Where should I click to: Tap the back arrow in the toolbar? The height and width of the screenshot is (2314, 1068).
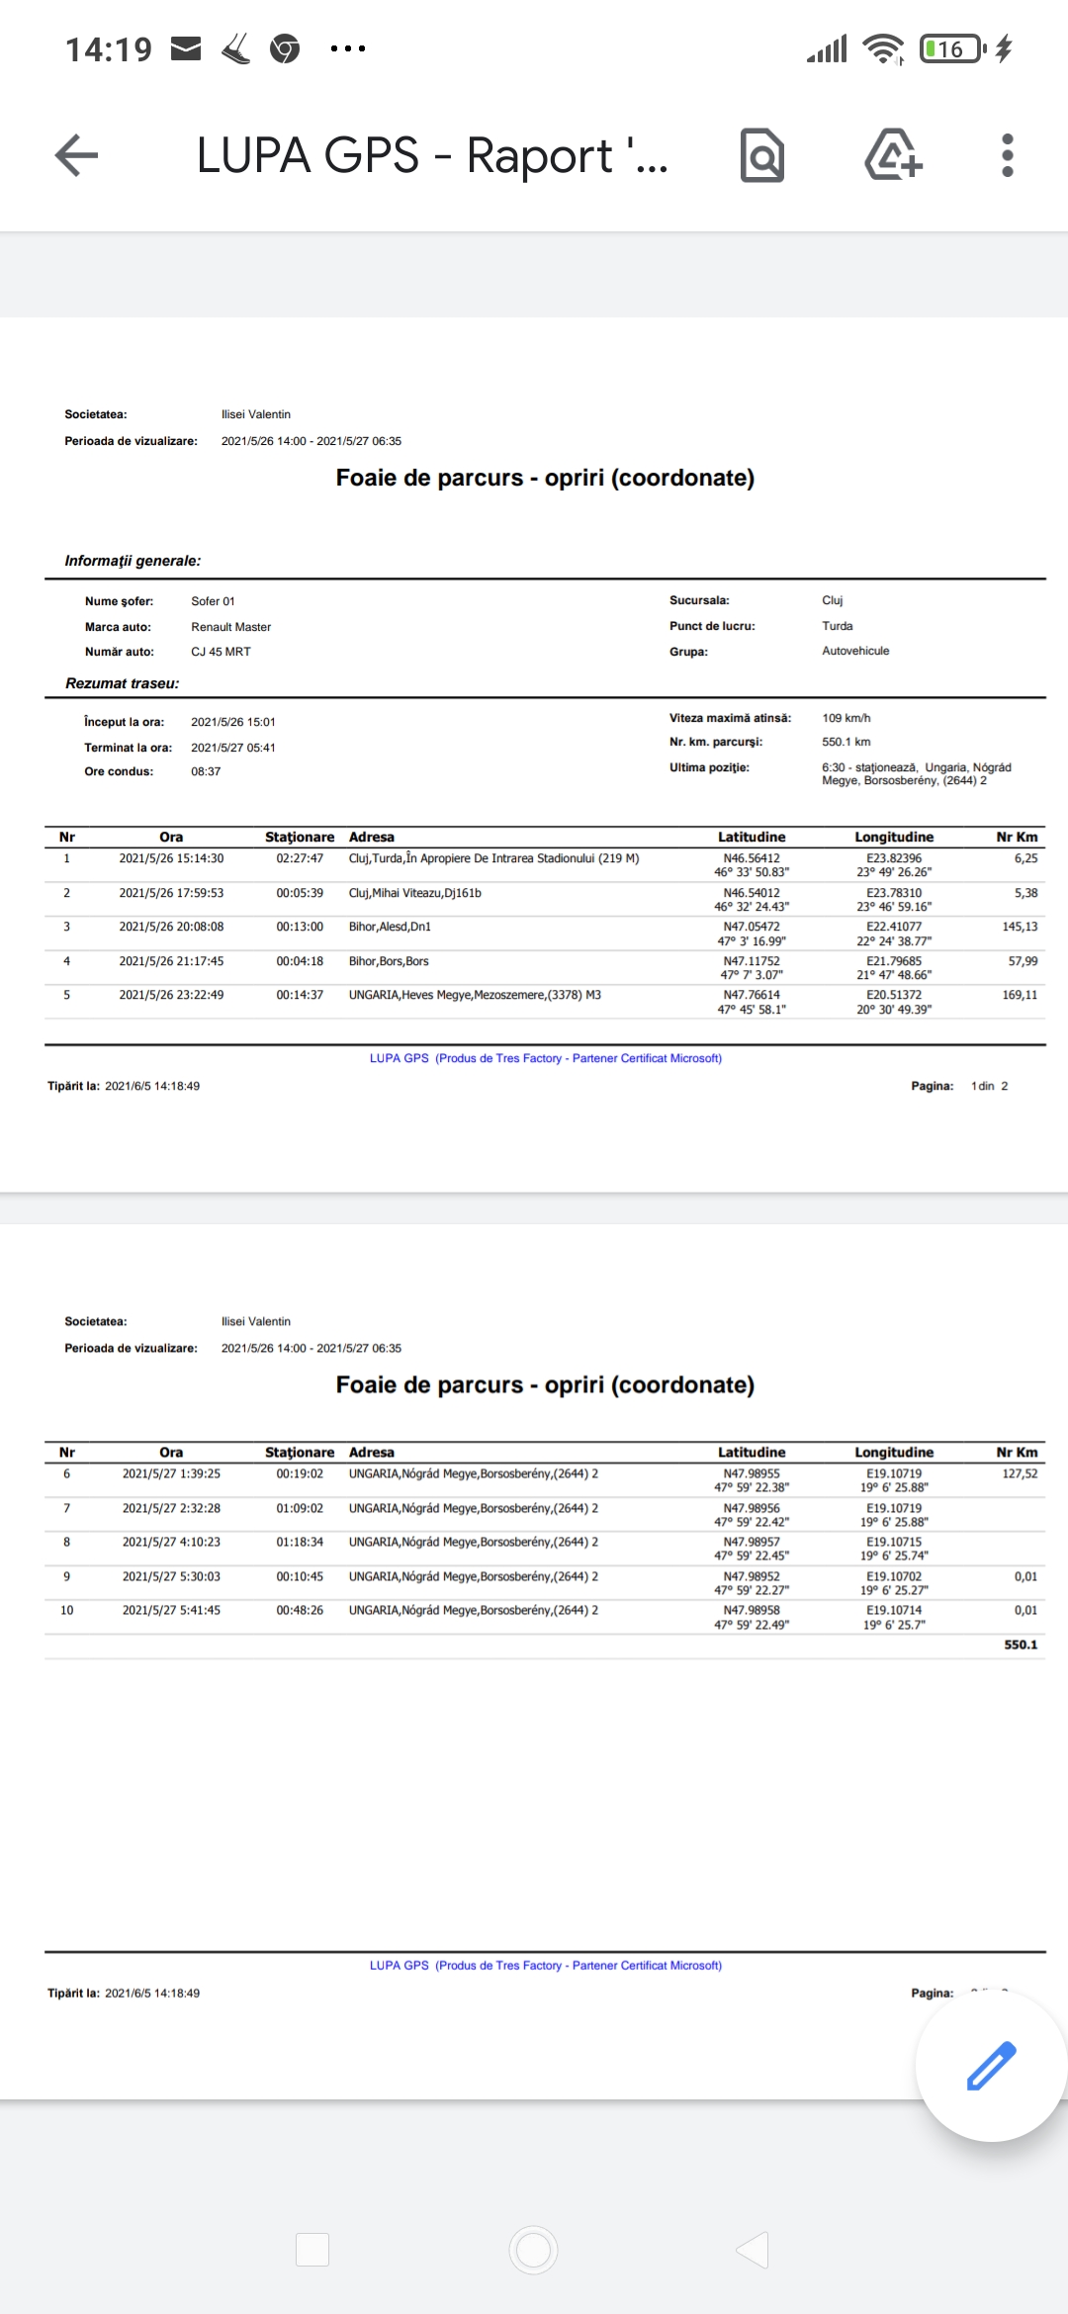pos(76,155)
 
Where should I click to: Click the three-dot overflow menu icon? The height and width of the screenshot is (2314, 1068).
pos(1007,155)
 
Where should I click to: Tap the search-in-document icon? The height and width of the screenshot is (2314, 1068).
pos(762,155)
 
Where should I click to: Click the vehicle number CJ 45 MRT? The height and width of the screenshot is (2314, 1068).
pos(221,652)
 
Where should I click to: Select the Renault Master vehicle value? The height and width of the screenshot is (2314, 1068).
pos(230,627)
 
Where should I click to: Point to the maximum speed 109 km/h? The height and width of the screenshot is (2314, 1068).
pos(845,718)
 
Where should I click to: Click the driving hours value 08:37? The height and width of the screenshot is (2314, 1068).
pos(206,771)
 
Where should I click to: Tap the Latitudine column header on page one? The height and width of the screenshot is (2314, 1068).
pos(752,837)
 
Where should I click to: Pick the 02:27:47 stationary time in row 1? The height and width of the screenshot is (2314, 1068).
pos(300,858)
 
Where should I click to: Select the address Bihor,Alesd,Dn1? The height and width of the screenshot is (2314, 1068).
pos(390,927)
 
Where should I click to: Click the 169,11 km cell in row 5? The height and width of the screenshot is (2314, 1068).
pos(1020,995)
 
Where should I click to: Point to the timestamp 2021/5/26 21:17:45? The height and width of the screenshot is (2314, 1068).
pos(171,961)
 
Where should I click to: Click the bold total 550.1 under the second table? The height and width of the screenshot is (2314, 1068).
pos(1021,1645)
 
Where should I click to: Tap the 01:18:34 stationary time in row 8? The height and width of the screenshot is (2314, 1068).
pos(300,1542)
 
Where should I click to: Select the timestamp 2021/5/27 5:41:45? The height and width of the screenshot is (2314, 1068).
pos(171,1610)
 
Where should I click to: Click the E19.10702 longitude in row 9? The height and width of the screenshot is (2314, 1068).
pos(894,1576)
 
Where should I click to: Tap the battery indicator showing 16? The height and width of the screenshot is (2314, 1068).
pos(952,48)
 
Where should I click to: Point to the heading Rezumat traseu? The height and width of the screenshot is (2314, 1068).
pos(122,683)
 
